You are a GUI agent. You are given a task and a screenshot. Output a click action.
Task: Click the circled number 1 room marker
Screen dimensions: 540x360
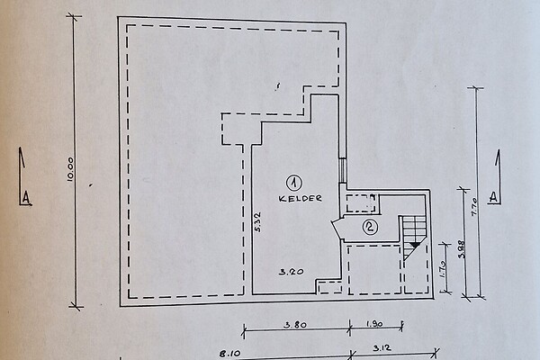click(x=293, y=184)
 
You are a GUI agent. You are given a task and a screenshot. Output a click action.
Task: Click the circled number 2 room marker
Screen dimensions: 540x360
click(x=370, y=227)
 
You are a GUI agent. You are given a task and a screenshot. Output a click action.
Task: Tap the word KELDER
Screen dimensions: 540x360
click(x=300, y=198)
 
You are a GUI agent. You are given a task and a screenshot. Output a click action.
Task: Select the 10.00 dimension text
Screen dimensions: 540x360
click(x=70, y=169)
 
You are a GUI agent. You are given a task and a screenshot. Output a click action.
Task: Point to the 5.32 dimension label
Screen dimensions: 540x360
click(x=258, y=222)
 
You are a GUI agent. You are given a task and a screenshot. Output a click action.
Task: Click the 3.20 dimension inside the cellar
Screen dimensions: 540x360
click(x=292, y=272)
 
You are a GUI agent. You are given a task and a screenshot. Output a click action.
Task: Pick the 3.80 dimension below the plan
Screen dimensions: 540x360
click(x=295, y=325)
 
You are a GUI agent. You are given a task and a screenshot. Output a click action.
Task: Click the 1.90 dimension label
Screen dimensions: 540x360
click(x=374, y=324)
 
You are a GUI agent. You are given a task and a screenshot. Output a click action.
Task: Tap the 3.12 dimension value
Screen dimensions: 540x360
click(x=382, y=348)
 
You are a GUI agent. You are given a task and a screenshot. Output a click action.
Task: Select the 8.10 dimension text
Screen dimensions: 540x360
click(x=230, y=354)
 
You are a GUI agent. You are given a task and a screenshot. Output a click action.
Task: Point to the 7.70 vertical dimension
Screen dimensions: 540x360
click(x=474, y=206)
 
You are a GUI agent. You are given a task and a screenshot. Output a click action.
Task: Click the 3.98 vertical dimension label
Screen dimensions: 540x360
click(x=462, y=248)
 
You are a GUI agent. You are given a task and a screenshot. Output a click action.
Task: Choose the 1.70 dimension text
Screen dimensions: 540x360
click(x=443, y=269)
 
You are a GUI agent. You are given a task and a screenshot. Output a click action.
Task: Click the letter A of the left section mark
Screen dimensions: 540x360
click(x=26, y=198)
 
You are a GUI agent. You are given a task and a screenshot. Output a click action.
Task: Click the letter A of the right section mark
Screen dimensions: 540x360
click(x=493, y=197)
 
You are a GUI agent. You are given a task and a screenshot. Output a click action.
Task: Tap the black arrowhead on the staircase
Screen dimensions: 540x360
click(x=415, y=245)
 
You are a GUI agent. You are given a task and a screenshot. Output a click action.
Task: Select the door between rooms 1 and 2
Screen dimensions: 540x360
click(x=338, y=228)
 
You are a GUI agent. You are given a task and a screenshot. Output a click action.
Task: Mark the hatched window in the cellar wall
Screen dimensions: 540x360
click(x=343, y=170)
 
